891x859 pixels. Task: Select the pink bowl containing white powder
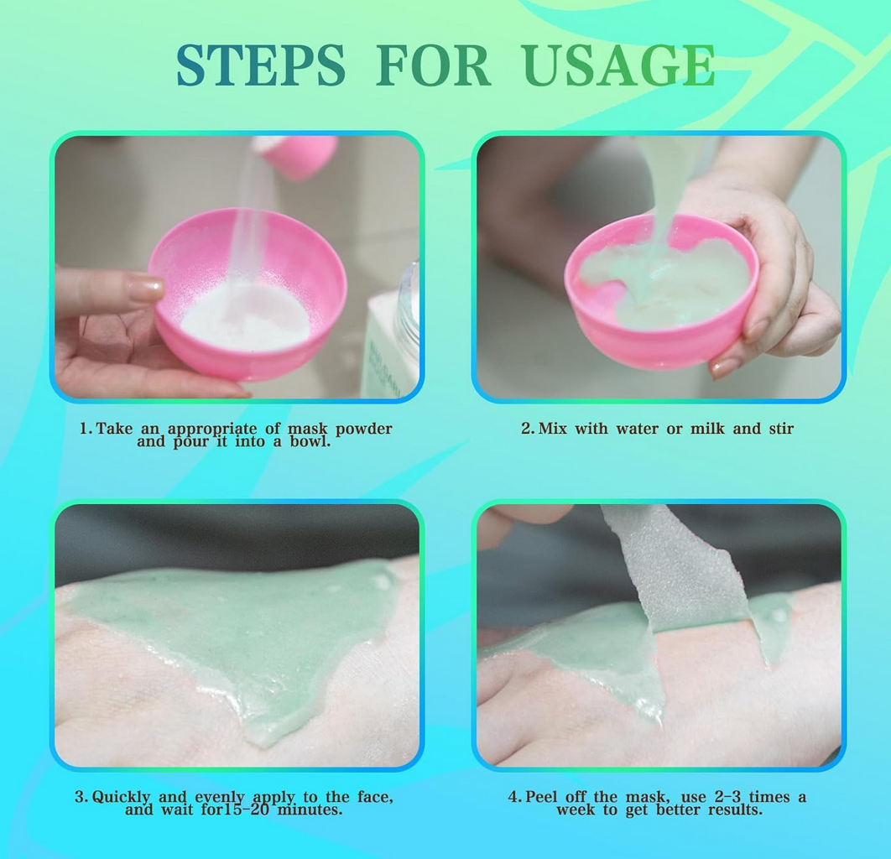pos(247,294)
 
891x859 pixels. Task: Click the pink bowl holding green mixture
pos(661,291)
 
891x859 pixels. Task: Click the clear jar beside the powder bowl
pos(407,307)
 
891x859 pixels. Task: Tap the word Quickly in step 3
pos(121,797)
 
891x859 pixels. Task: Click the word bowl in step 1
pos(310,442)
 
